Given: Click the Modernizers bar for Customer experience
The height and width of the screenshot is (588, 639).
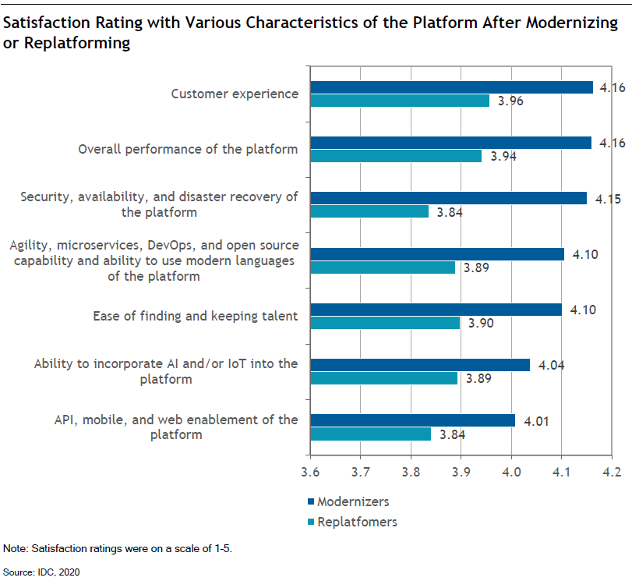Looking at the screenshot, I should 452,87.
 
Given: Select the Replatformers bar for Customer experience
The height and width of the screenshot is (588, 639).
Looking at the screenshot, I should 401,101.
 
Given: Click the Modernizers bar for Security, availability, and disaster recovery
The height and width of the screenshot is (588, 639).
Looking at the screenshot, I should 449,198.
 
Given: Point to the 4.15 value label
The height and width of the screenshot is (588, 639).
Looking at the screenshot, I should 608,199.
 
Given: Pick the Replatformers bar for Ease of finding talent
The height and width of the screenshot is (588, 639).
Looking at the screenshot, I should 386,323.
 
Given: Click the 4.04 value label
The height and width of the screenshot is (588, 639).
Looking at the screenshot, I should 551,364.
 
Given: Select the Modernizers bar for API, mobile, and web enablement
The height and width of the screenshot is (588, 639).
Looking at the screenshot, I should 413,420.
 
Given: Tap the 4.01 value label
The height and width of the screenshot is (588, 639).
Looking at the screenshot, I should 536,420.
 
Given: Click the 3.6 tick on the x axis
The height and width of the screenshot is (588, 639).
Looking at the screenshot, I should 312,472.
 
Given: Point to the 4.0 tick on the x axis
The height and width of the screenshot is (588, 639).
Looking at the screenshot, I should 511,472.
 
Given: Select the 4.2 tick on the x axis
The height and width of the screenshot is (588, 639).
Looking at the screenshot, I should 611,472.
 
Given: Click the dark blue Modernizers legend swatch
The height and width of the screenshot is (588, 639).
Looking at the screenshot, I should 310,501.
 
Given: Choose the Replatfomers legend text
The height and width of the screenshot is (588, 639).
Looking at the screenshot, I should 357,522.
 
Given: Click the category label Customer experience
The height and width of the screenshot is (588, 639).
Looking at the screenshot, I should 235,94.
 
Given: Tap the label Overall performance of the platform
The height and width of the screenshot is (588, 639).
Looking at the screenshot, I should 188,149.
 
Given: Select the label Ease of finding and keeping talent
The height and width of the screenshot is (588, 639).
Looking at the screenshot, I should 195,316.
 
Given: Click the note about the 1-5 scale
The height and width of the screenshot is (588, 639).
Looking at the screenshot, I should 118,548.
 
